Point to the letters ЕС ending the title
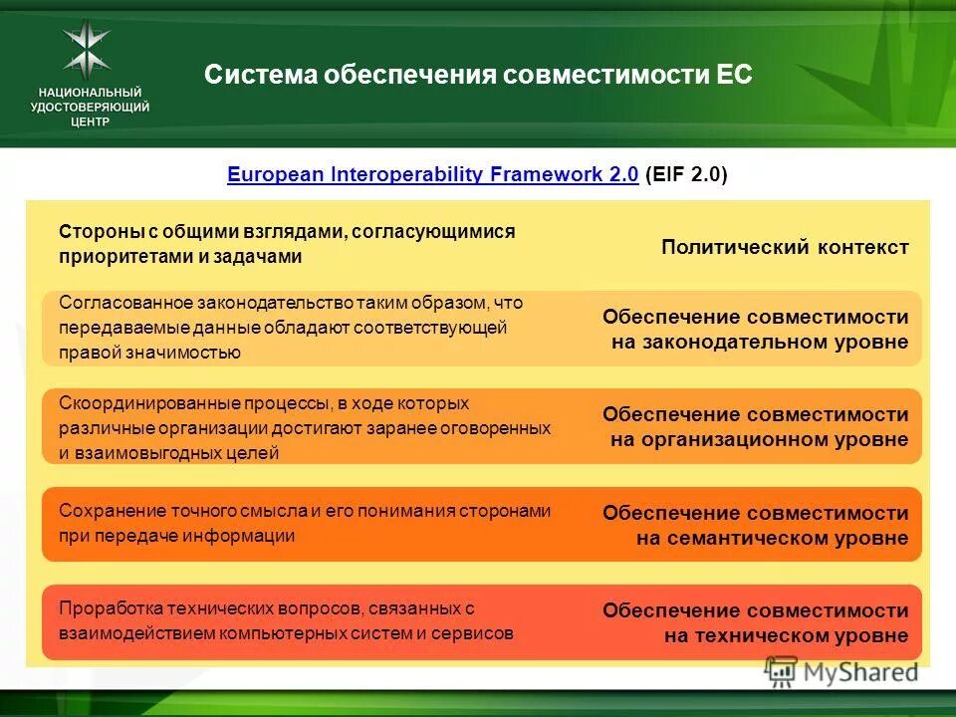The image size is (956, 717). click(734, 76)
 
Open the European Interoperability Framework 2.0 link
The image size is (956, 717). click(432, 175)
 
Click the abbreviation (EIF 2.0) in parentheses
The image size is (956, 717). click(687, 175)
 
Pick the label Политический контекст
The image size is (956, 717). click(785, 247)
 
